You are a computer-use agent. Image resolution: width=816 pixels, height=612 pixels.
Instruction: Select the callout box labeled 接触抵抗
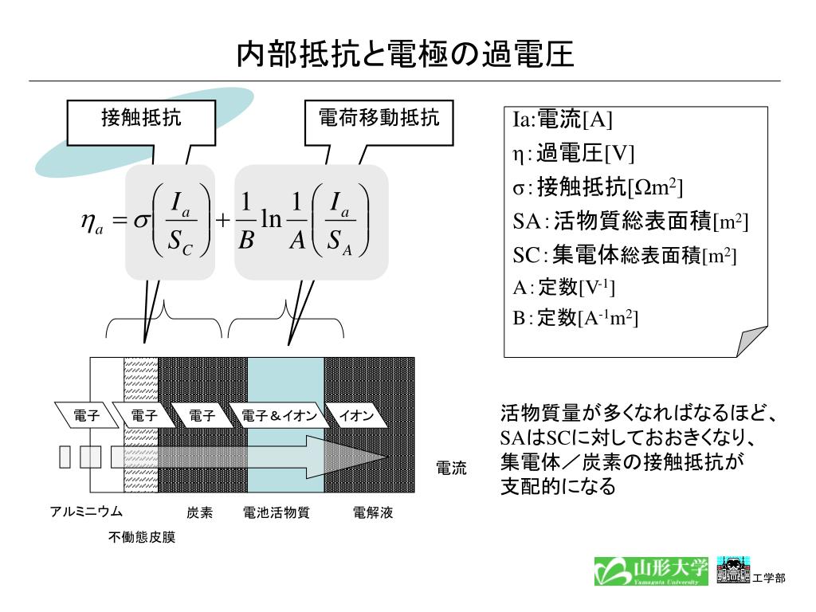click(x=141, y=120)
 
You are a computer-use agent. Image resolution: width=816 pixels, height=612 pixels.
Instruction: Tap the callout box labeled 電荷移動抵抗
click(x=379, y=120)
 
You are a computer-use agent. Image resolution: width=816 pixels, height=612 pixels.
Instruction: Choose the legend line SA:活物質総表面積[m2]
click(x=630, y=221)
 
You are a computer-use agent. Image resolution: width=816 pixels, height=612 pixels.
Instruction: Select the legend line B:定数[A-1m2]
click(x=575, y=319)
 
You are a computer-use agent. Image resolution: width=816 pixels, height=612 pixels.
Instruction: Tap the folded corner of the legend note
click(x=753, y=340)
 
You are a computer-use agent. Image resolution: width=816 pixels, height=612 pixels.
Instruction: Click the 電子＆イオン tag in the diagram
click(x=279, y=416)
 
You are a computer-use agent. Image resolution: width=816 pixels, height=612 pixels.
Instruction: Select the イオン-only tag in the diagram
click(x=356, y=416)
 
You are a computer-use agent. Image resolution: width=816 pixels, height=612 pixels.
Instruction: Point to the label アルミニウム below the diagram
click(x=86, y=512)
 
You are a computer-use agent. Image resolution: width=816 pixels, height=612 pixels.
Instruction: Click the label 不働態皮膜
click(x=142, y=538)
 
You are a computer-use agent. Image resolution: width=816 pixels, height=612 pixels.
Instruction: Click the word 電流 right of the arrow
click(x=451, y=469)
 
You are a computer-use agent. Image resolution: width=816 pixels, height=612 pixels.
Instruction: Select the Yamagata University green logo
click(x=650, y=570)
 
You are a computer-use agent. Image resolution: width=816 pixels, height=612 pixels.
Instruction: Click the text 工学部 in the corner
click(x=769, y=578)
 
